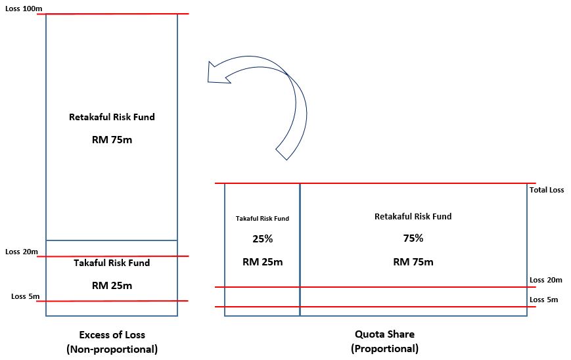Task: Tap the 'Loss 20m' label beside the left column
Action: [22, 252]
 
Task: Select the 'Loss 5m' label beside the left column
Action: [26, 296]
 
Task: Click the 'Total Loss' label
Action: [547, 191]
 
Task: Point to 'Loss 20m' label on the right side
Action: [545, 280]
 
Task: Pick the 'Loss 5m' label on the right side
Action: [543, 300]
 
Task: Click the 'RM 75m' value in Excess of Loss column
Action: [112, 140]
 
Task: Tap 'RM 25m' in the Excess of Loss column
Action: [112, 286]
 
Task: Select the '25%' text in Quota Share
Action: [262, 240]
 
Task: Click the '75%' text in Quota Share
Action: [413, 239]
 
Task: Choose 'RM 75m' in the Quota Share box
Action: [413, 262]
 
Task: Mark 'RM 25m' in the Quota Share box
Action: [262, 262]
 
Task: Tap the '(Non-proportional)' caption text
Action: [112, 349]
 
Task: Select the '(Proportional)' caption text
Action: [384, 349]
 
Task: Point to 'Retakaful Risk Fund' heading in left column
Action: [112, 118]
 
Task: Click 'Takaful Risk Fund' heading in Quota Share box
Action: [262, 219]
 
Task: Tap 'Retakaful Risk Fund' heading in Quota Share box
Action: [413, 216]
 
